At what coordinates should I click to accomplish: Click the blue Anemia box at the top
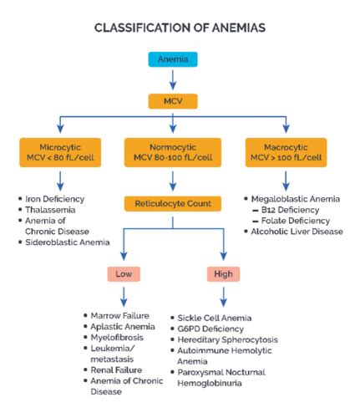pyautogui.click(x=173, y=59)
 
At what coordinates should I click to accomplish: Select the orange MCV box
pyautogui.click(x=173, y=102)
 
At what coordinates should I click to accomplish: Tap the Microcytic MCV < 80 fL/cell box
pyautogui.click(x=60, y=153)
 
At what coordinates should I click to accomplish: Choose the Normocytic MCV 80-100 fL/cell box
pyautogui.click(x=173, y=153)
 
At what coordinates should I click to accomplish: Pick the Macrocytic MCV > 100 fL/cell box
pyautogui.click(x=286, y=153)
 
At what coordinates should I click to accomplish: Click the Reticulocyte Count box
pyautogui.click(x=173, y=202)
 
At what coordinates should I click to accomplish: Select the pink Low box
pyautogui.click(x=124, y=274)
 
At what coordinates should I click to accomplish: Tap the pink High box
pyautogui.click(x=222, y=274)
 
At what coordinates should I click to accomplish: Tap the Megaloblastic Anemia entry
pyautogui.click(x=292, y=198)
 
